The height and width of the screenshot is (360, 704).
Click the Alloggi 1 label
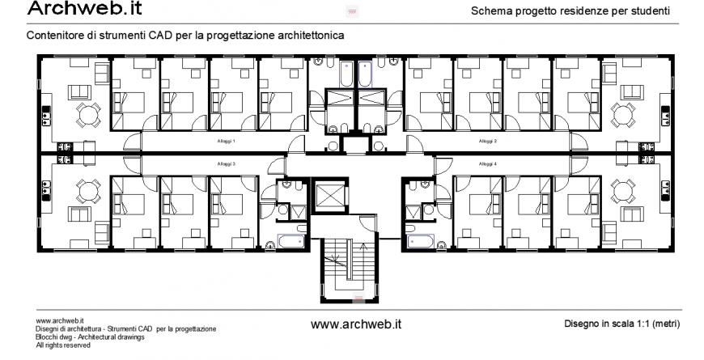[227, 142]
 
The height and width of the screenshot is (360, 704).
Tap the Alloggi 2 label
[487, 142]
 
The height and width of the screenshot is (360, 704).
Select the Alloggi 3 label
[227, 164]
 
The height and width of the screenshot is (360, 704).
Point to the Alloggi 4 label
[487, 164]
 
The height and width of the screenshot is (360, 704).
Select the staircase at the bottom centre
[346, 268]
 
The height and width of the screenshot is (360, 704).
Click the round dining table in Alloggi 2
[623, 116]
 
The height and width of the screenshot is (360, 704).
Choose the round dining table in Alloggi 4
[623, 192]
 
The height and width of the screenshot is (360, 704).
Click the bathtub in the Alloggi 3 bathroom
[291, 240]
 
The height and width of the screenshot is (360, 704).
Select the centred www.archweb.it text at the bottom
[356, 324]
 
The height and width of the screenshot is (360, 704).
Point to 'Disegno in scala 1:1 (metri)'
[621, 324]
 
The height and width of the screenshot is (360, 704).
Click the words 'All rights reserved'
[63, 345]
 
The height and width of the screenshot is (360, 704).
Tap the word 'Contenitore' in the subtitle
[53, 37]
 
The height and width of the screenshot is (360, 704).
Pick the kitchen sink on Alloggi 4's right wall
[664, 193]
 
